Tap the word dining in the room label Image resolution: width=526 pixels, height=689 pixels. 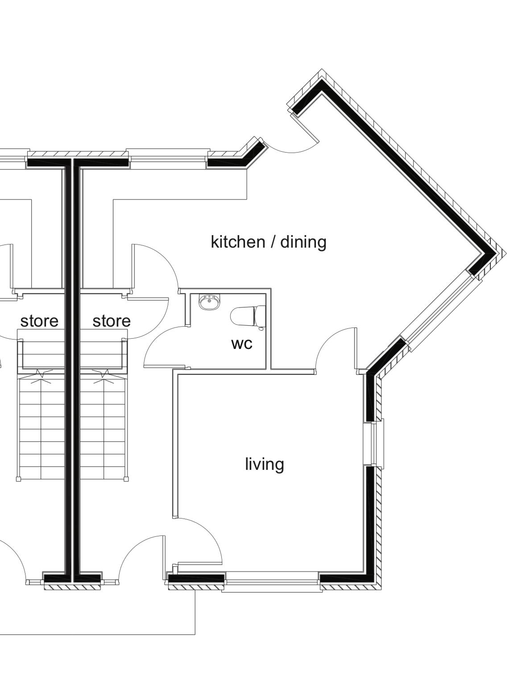[x=303, y=242]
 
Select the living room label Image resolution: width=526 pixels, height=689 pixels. [x=265, y=464]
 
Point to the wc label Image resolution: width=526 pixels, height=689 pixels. [x=242, y=344]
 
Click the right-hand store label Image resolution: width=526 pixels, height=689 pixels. [x=112, y=321]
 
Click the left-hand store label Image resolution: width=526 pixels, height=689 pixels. [x=39, y=321]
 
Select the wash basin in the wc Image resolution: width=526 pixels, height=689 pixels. [x=210, y=302]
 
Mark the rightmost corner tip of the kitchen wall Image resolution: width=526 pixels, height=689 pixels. [x=506, y=253]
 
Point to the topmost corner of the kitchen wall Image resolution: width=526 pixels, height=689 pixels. [x=321, y=69]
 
